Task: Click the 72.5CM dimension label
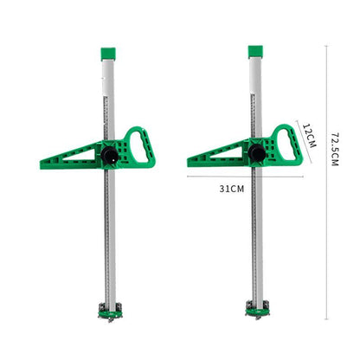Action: [x=334, y=150]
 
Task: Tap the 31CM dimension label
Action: [x=232, y=189]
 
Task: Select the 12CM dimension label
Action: [x=309, y=135]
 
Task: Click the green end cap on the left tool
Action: [x=108, y=54]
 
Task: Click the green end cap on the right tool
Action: [x=255, y=52]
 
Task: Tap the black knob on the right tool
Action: [x=256, y=153]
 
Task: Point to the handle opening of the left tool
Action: [x=138, y=146]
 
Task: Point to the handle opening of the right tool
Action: [x=286, y=145]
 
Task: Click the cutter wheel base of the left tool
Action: [x=110, y=312]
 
